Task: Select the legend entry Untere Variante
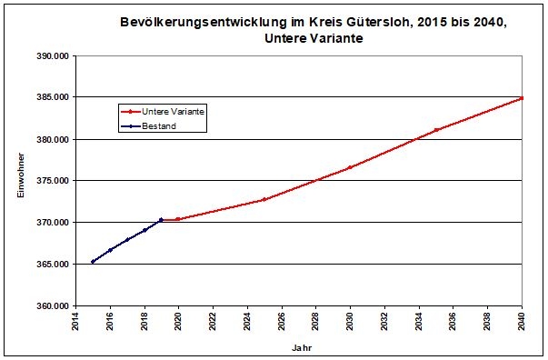[x=173, y=110]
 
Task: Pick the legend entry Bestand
[x=158, y=126]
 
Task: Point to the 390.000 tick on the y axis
[x=54, y=55]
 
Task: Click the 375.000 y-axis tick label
[x=54, y=181]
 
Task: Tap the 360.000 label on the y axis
[x=54, y=306]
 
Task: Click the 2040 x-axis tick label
[x=523, y=324]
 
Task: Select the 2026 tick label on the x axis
[x=282, y=324]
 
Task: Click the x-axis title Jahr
[x=301, y=347]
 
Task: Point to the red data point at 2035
[x=436, y=130]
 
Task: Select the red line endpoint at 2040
[x=522, y=98]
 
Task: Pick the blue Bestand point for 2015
[x=93, y=262]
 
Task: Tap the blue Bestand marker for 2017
[x=127, y=240]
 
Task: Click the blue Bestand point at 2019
[x=161, y=220]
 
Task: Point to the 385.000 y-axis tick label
[x=54, y=97]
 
